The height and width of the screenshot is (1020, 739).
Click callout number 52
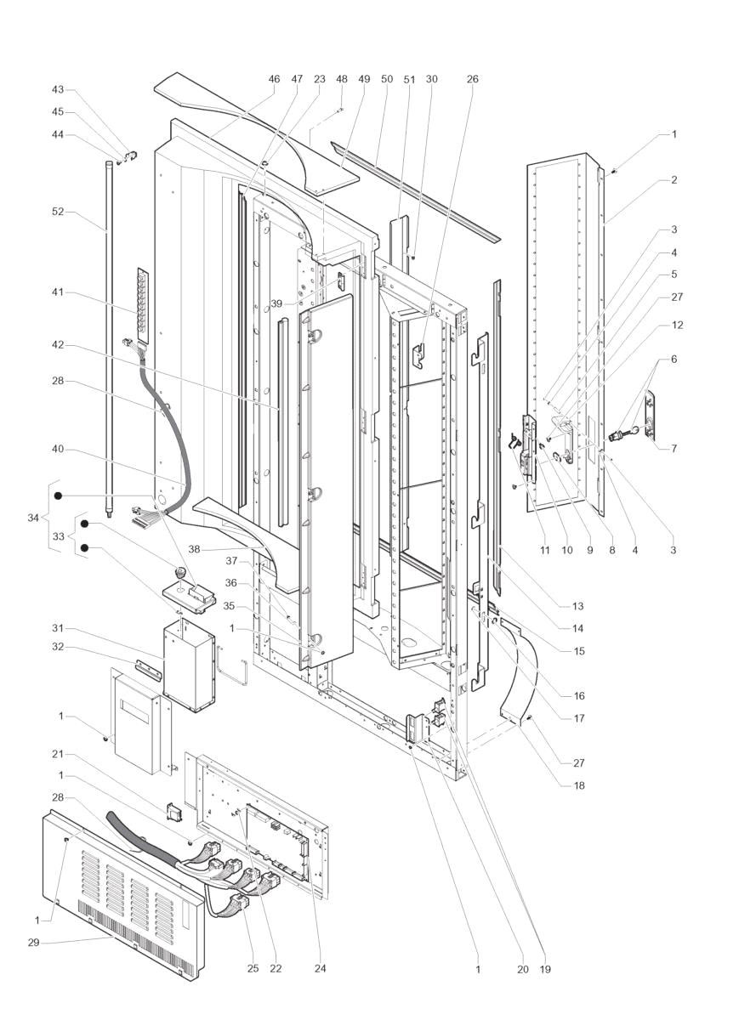click(58, 212)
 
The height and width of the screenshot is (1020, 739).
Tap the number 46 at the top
click(274, 79)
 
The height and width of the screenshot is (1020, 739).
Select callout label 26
click(473, 79)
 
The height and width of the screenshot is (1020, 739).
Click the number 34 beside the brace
click(33, 518)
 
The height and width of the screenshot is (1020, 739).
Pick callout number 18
click(578, 785)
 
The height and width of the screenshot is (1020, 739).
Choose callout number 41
click(58, 292)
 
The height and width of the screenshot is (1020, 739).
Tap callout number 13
click(577, 606)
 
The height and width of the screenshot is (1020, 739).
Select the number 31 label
click(58, 629)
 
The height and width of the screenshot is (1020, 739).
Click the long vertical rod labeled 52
click(109, 339)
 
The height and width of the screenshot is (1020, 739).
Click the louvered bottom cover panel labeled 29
click(123, 895)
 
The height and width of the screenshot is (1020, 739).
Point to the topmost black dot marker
click(59, 496)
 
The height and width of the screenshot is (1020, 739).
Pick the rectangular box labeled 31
click(188, 665)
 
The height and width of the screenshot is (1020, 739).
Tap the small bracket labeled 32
click(148, 666)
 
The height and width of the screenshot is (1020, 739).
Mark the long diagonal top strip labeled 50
click(416, 192)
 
